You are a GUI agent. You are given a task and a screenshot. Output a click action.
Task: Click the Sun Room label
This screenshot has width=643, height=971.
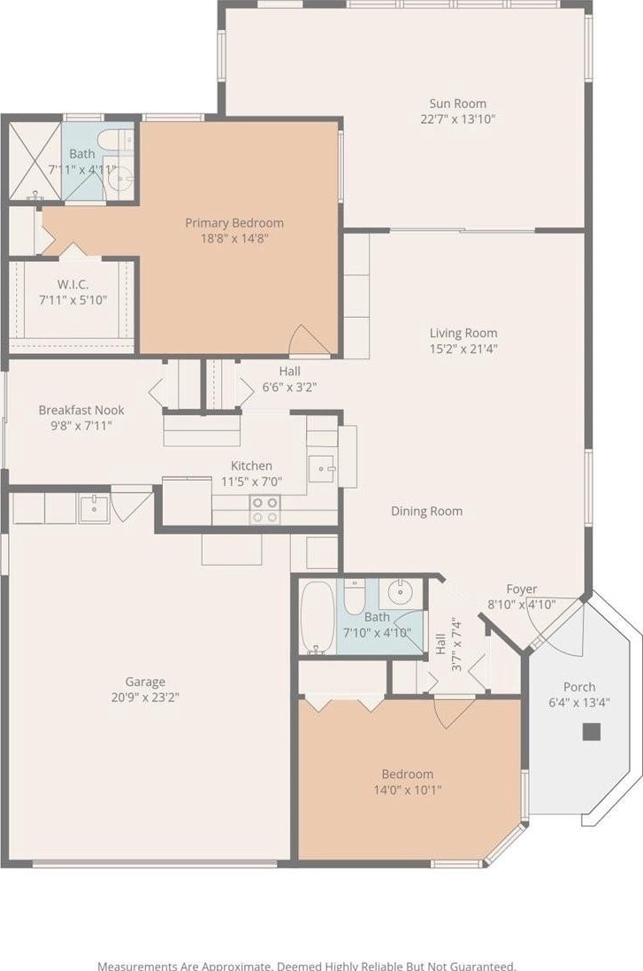coord(458,104)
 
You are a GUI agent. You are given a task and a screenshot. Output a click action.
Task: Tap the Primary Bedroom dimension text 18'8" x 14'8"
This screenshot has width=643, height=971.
coord(233,238)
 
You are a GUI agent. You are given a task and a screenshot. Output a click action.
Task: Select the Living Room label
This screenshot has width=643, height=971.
coord(463,333)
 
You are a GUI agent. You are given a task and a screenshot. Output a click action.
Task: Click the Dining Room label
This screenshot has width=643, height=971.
coord(427,511)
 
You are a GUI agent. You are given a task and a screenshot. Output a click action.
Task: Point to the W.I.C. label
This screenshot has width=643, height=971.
coord(73,285)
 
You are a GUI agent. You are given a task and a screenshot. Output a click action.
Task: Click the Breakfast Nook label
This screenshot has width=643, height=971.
coord(81,410)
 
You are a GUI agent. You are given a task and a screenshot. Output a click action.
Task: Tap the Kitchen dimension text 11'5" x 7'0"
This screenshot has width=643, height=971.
coord(252,482)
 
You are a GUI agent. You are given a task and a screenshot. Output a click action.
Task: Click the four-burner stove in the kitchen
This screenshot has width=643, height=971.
coord(264,510)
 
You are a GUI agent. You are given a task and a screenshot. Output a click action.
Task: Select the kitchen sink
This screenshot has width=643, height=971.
coord(323,469)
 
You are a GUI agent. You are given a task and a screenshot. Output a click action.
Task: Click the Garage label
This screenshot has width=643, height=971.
coord(145,682)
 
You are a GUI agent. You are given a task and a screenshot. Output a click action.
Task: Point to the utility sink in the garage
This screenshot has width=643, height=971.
coord(94,508)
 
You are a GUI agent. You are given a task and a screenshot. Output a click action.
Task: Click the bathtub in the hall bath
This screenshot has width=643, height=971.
coord(318,617)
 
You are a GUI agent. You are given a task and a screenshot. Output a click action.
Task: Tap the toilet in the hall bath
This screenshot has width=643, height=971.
coord(355,597)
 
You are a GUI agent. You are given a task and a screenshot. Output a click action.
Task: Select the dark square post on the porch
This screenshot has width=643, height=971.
coord(592,732)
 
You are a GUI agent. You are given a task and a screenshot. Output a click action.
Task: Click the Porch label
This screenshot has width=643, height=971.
coord(580,687)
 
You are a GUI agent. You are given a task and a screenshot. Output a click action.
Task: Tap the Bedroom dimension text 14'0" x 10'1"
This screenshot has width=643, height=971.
coord(408,790)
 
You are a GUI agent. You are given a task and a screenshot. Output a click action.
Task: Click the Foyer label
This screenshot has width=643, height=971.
coord(522,589)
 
